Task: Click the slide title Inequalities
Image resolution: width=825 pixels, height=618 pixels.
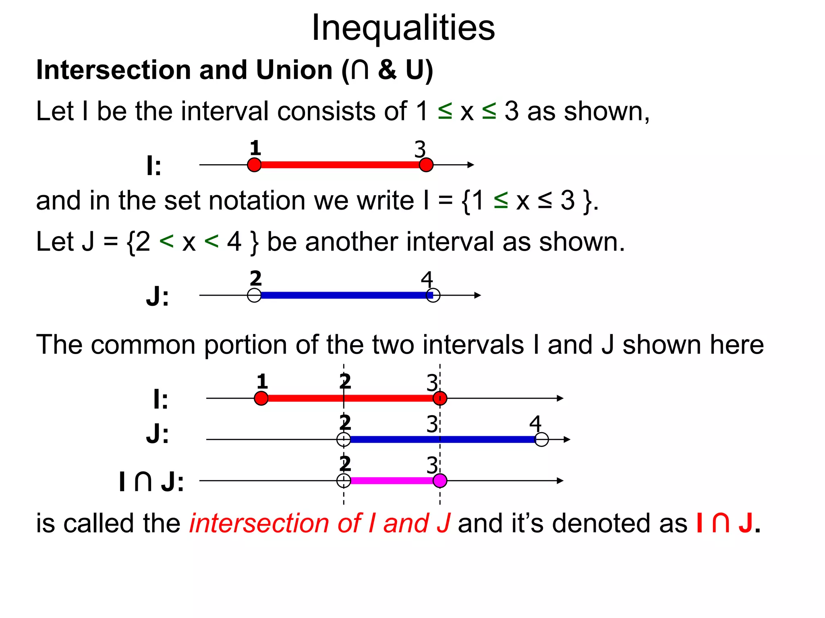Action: coord(403,27)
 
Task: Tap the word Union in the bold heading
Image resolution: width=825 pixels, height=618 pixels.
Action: coord(294,70)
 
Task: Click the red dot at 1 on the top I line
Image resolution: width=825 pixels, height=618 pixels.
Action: coord(254,165)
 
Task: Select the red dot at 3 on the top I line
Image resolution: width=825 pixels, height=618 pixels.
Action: coord(426,165)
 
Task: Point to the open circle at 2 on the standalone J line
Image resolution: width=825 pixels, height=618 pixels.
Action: coord(254,295)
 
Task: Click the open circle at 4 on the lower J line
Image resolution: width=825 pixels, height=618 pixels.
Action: coord(542,439)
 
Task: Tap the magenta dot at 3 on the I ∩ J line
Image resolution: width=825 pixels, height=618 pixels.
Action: coord(440,480)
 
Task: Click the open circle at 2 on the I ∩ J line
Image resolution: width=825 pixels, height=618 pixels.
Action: coord(344,480)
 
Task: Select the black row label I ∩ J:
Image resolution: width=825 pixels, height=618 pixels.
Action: coord(151,482)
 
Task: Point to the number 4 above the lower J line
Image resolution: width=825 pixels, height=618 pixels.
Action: coord(535,423)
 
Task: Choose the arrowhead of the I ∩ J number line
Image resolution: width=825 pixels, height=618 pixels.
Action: coord(560,480)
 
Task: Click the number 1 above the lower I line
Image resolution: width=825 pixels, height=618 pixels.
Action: coord(262,381)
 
